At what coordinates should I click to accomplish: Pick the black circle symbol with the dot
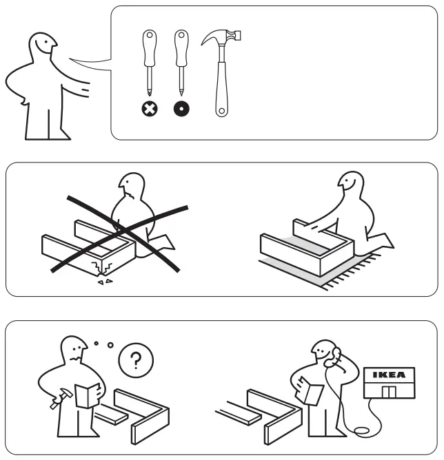[181, 109]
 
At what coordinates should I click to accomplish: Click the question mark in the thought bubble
[136, 360]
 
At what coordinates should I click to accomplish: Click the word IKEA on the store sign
[389, 375]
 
